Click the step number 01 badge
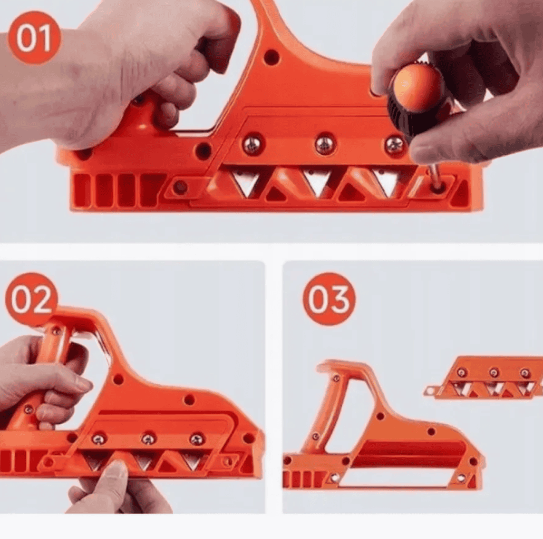click(x=34, y=38)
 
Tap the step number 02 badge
click(x=32, y=299)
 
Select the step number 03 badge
click(x=328, y=299)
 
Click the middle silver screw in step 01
click(x=325, y=143)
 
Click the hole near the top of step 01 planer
click(x=271, y=57)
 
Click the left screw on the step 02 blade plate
click(x=99, y=439)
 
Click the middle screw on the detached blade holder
click(x=494, y=373)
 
